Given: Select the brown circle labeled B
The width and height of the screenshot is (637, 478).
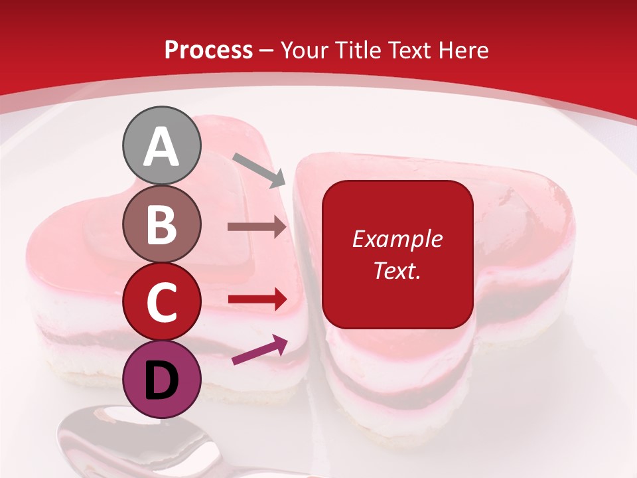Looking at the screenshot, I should [162, 224].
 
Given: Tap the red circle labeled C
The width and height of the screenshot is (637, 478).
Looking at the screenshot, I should [162, 302].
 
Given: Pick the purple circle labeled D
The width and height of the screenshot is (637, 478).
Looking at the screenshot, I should [162, 379].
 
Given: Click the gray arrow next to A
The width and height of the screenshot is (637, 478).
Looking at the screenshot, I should [259, 169].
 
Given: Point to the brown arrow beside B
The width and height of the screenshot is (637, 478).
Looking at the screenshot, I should [257, 227].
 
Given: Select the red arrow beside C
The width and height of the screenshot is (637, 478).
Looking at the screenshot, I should [257, 299].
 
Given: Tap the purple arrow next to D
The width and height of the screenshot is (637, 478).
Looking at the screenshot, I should [259, 350].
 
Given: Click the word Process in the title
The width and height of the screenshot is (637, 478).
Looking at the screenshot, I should [208, 50].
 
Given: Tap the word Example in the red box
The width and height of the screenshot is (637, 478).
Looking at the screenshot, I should [397, 239].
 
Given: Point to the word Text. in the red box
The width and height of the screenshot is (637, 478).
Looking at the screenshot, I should [397, 271].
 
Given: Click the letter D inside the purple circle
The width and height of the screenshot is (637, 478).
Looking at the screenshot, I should [162, 380].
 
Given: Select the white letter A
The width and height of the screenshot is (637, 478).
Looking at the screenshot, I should [162, 147].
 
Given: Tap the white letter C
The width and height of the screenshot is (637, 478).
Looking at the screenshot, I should [162, 303].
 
